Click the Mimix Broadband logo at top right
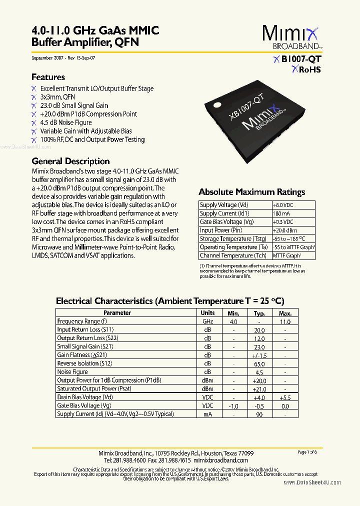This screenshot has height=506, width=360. click(x=292, y=38)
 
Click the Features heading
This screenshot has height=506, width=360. click(x=48, y=77)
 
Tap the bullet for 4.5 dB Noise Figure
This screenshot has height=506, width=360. click(x=34, y=122)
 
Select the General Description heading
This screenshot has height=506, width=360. click(x=70, y=161)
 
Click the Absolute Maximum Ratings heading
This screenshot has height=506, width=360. click(x=251, y=192)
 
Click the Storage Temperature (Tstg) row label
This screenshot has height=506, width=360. click(x=233, y=239)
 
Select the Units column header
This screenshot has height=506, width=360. click(x=207, y=312)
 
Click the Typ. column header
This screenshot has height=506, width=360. click(x=259, y=312)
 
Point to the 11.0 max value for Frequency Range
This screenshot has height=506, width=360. click(x=285, y=321)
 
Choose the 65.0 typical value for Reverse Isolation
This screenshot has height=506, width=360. click(x=259, y=363)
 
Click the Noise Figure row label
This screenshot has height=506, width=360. click(x=72, y=372)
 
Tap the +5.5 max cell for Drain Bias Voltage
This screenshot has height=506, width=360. click(x=285, y=397)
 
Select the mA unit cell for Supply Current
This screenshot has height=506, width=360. click(x=207, y=414)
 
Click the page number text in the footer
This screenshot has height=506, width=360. click(x=307, y=452)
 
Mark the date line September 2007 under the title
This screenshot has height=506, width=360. click(x=63, y=58)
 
